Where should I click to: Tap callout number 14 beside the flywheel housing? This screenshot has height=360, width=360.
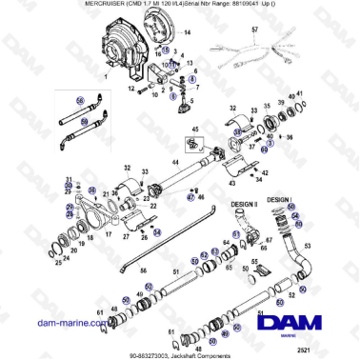pos(187,32)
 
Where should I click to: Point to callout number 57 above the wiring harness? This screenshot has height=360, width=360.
pos(254,30)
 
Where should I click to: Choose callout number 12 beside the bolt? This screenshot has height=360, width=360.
pos(130,88)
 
